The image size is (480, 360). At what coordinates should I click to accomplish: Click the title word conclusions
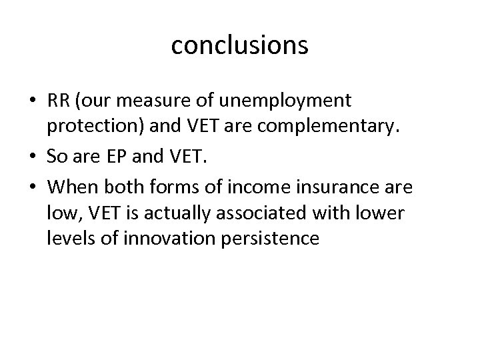(239, 45)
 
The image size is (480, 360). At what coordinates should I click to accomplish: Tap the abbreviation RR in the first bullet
(57, 101)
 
